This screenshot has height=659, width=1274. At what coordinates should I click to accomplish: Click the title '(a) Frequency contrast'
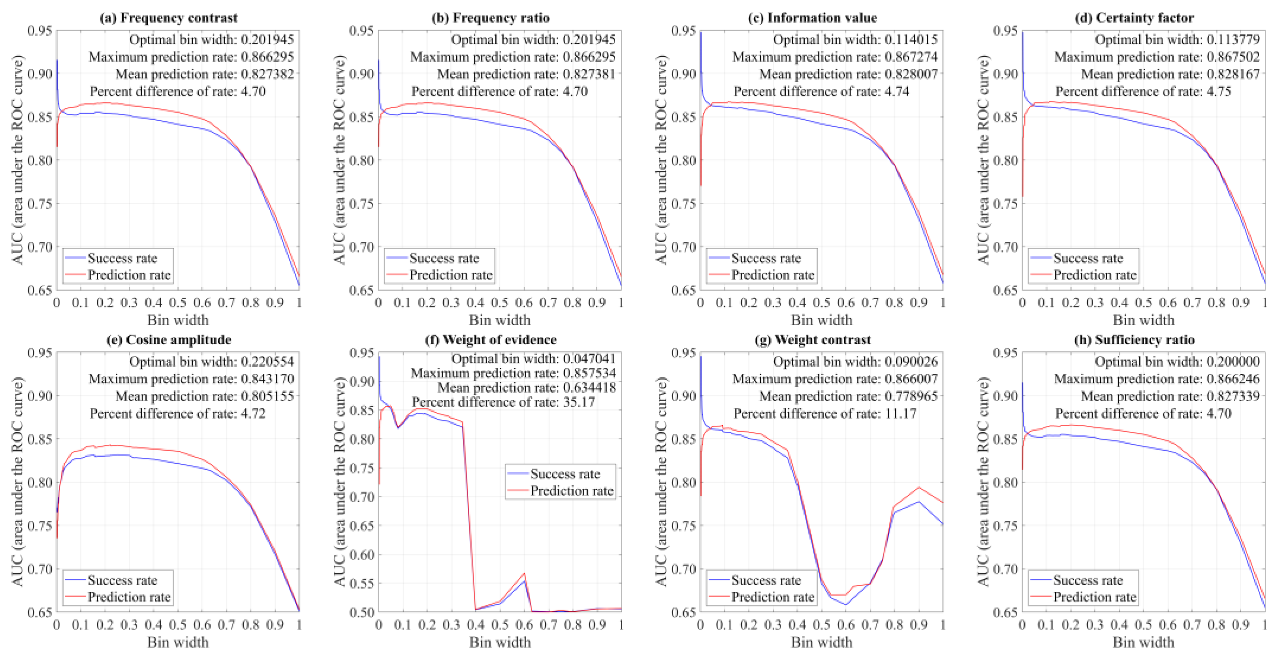(x=169, y=18)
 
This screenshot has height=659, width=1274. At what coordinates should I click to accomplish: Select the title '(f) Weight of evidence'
(x=491, y=340)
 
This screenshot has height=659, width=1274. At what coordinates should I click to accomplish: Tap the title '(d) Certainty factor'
(x=1134, y=18)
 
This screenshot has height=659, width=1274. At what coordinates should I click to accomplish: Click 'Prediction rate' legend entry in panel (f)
(x=572, y=491)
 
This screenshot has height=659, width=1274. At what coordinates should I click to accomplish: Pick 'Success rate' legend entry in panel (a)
(x=122, y=258)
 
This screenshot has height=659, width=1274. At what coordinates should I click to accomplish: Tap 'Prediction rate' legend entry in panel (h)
(x=1095, y=597)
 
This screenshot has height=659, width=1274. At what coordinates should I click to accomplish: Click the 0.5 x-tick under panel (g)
(x=821, y=625)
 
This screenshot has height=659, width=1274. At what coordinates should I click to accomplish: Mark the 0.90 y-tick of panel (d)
(x=1005, y=74)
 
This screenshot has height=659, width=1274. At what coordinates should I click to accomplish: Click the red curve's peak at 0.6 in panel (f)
(x=524, y=573)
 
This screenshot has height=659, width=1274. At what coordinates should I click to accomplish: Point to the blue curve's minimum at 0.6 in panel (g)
(x=846, y=604)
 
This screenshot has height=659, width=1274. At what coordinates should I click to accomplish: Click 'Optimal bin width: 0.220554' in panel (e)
(x=212, y=362)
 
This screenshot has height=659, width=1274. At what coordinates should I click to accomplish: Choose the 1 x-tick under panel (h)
(x=1265, y=625)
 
